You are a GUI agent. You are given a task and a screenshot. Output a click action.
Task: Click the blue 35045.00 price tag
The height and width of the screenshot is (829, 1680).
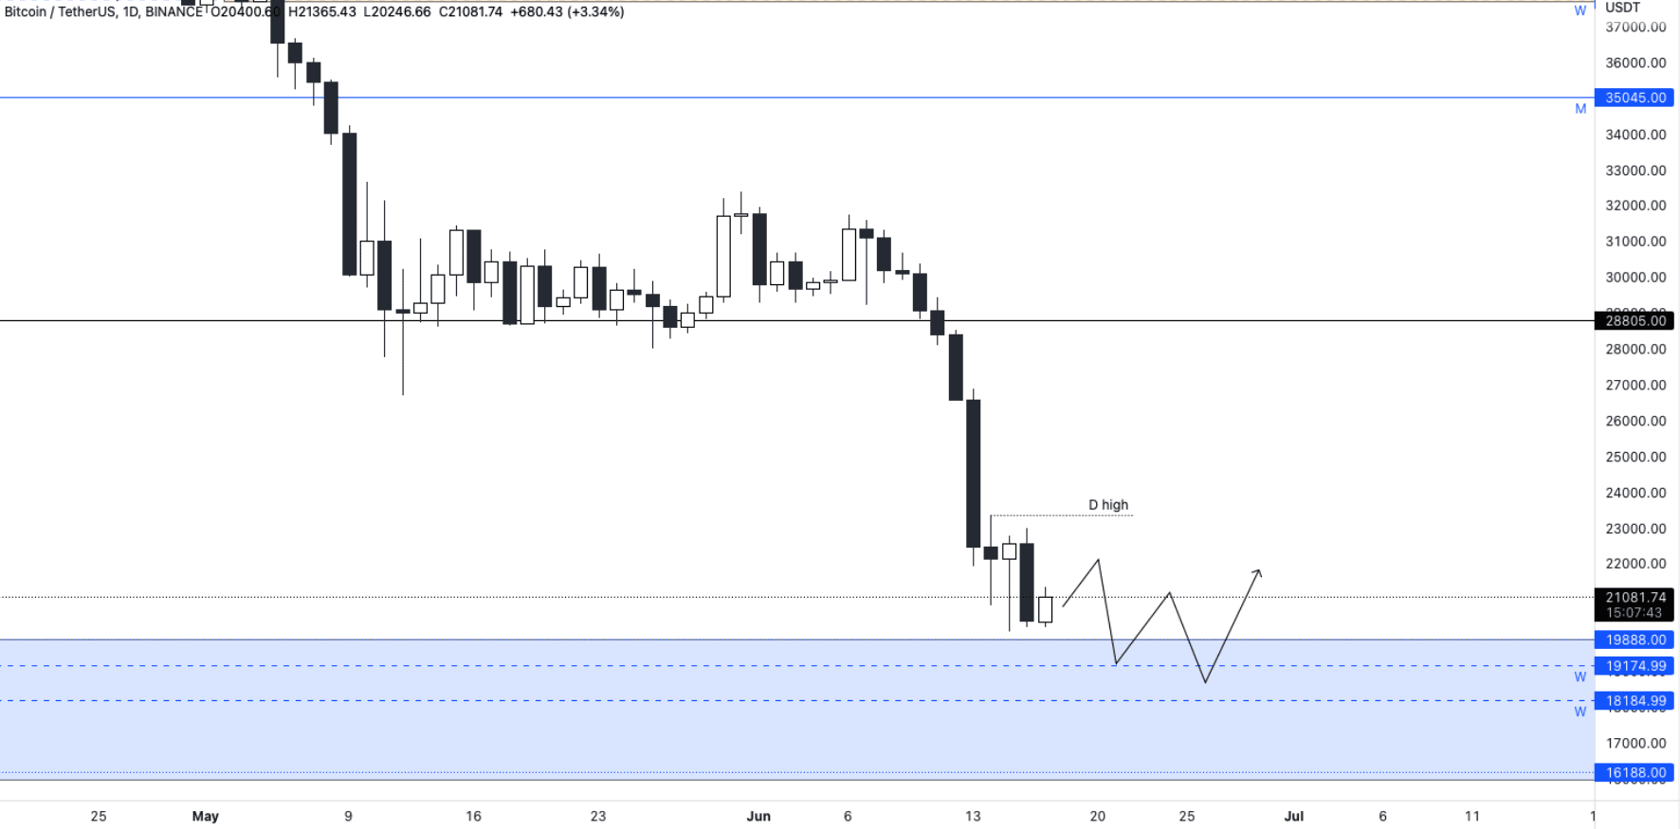click(1634, 98)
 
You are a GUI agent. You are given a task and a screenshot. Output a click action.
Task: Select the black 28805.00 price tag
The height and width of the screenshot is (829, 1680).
click(1634, 321)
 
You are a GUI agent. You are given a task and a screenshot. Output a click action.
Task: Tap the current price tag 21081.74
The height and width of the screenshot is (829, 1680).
click(1634, 598)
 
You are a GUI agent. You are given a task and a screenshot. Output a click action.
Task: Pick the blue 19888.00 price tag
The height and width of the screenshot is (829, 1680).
click(1634, 640)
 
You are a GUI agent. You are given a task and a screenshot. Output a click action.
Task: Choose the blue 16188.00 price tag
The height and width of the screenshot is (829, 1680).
click(1634, 773)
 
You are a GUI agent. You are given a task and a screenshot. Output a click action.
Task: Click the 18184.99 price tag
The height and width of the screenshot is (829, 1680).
click(1634, 701)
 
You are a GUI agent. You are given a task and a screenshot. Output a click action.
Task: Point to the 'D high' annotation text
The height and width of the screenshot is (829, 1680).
click(1108, 505)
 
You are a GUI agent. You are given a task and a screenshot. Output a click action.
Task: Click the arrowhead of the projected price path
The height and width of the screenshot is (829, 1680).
click(1258, 571)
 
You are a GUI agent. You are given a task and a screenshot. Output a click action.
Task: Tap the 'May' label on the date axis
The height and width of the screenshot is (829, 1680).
click(205, 816)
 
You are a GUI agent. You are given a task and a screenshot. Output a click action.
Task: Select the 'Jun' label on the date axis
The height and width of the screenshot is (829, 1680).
click(758, 816)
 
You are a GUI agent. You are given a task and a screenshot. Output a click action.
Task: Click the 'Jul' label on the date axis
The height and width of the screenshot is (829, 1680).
click(1293, 816)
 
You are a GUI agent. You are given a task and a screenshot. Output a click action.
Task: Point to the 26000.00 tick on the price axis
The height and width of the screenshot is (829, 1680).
click(1634, 421)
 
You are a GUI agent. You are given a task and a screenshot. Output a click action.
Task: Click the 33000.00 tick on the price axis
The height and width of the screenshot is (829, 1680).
click(1634, 171)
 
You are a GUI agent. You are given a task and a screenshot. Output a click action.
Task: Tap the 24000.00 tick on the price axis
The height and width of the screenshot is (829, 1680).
click(1634, 493)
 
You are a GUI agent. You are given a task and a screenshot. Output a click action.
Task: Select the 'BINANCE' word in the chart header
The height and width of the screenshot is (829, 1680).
click(174, 12)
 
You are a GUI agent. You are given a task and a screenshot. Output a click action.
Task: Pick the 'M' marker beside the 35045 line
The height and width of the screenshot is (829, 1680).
click(1580, 109)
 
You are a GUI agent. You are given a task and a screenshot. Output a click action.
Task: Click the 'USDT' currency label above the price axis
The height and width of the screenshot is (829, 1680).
click(1622, 8)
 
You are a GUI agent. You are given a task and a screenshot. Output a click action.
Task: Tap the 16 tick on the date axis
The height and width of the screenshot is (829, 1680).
click(473, 816)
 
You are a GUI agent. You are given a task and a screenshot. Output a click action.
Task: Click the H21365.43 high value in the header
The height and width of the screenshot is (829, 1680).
click(322, 12)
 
